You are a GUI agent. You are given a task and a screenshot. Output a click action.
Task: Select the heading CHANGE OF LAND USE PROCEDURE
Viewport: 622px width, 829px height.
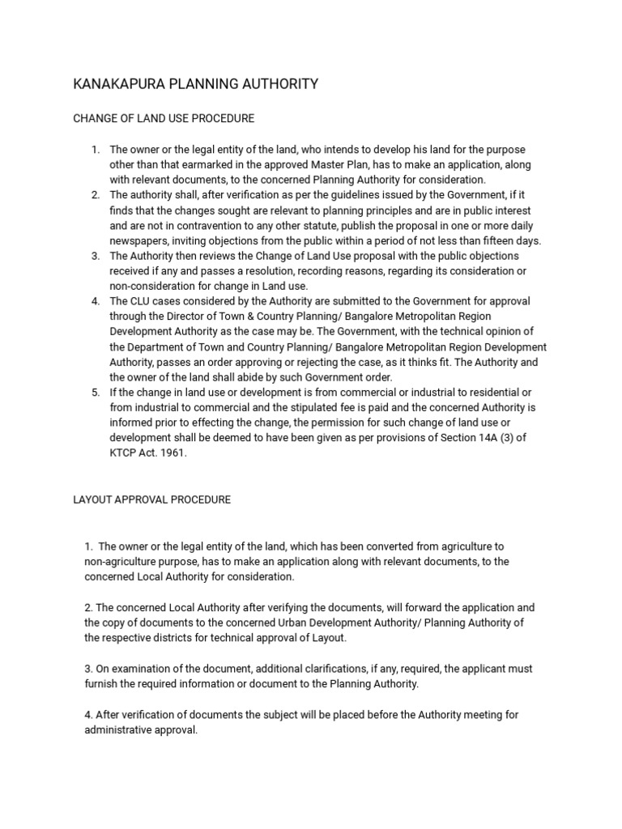click(164, 119)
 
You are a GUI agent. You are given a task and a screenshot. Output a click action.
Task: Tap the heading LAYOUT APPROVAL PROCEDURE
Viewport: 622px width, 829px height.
click(152, 500)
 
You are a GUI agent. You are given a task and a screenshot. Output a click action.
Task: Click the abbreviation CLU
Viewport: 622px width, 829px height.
click(143, 301)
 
